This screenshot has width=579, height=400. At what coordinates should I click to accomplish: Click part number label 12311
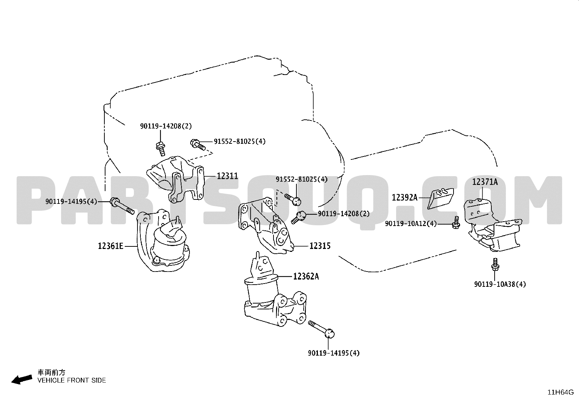[227, 176]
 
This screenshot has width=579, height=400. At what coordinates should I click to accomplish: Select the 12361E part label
[111, 246]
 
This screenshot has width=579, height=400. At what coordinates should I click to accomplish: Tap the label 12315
[320, 246]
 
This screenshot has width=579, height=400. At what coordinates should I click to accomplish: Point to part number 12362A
[306, 277]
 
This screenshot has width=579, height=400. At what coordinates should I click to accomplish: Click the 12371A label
[485, 182]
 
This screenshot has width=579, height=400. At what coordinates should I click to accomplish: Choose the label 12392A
[404, 198]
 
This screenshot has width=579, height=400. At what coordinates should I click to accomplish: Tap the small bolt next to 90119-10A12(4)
[456, 222]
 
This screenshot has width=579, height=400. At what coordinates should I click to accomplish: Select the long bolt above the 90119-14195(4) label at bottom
[321, 329]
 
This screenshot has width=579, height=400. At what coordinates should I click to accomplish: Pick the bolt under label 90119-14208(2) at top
[160, 149]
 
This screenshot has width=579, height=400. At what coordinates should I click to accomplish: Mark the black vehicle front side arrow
[22, 380]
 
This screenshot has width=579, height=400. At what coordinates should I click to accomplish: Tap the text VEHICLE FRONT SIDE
[72, 380]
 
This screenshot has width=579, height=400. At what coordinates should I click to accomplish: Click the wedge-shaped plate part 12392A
[440, 198]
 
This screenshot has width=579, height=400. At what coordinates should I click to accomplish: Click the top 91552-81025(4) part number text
[240, 142]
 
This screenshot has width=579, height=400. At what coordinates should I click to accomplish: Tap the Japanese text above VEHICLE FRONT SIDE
[51, 373]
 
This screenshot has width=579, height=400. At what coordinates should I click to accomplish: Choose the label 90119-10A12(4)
[411, 223]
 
